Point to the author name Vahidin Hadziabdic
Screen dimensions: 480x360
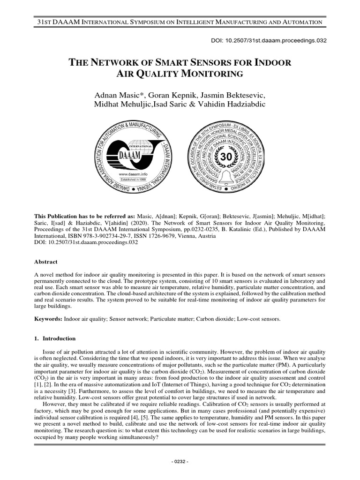tap(231, 104)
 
